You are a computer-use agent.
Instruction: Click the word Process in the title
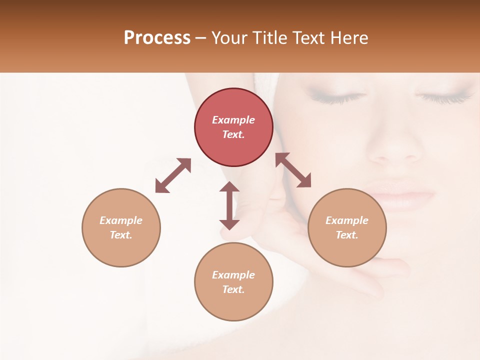157,38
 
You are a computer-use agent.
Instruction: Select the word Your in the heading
229,38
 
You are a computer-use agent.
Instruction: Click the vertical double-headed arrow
229,205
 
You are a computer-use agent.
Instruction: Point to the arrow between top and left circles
173,175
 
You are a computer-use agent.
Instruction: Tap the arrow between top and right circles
293,170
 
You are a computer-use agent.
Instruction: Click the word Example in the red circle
233,120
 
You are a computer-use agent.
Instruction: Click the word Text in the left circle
120,235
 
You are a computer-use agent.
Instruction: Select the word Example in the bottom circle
233,275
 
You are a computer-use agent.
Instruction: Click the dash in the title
201,38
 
